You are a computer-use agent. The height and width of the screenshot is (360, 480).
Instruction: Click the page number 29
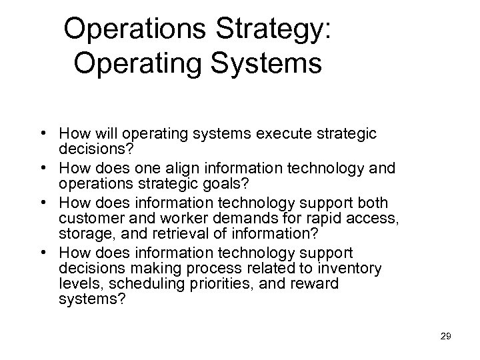tap(446, 336)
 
